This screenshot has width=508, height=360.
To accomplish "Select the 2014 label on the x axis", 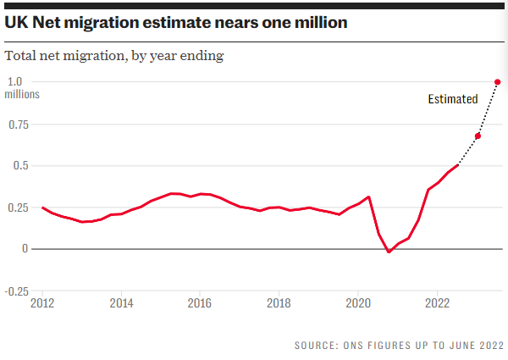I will tap(121, 302).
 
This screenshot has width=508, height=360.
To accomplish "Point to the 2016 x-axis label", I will tap(200, 302).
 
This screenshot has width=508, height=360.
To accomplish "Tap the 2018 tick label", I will tap(279, 302).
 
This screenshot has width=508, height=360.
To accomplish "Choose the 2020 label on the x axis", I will tap(357, 302).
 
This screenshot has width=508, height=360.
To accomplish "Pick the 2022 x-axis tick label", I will tap(437, 302).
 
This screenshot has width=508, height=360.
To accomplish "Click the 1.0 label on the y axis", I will tap(14, 81).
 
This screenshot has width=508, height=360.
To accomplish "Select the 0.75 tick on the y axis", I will tap(17, 125).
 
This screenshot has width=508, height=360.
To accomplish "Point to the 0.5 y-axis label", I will tap(14, 166).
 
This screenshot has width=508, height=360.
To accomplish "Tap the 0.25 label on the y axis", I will tap(17, 208).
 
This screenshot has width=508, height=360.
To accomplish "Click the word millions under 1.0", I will tap(23, 95).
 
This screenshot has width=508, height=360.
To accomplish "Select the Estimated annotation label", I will tap(452, 99).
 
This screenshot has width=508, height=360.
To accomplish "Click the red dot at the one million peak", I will tap(497, 82).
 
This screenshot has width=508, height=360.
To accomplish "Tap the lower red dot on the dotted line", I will tap(478, 136).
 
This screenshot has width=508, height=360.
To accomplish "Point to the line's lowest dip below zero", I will tap(389, 252).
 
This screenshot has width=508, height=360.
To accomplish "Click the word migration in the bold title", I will tap(116, 23).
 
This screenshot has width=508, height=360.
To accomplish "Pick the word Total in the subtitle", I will tap(23, 56).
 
